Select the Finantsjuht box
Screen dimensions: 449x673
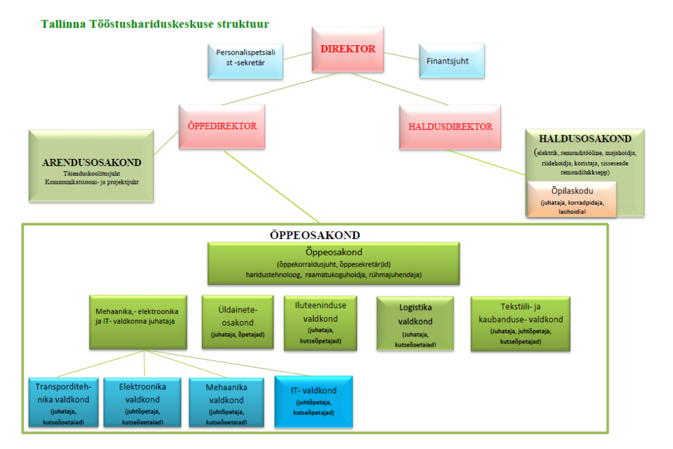452,61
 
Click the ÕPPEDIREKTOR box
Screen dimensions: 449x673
218,127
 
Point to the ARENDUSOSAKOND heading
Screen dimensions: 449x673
91,162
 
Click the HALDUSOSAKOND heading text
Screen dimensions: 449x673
584,139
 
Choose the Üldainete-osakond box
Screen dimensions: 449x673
237,322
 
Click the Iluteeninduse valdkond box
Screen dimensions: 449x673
320,322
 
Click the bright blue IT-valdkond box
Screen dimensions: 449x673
313,400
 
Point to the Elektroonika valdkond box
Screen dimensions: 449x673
142,400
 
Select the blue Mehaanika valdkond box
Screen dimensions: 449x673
226,400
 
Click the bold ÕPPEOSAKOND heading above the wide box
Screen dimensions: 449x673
315,234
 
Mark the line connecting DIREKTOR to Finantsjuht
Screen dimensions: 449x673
402,57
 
